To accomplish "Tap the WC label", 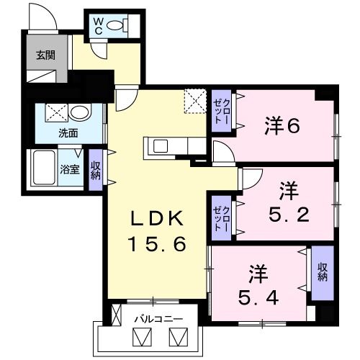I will [96, 24].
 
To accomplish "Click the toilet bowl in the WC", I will [116, 26].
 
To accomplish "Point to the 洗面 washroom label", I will [68, 133].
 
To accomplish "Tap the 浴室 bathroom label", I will [70, 171].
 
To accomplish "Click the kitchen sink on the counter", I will [160, 146].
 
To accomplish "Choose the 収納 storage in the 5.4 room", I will [321, 272].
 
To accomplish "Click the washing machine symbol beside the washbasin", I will [56, 113].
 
